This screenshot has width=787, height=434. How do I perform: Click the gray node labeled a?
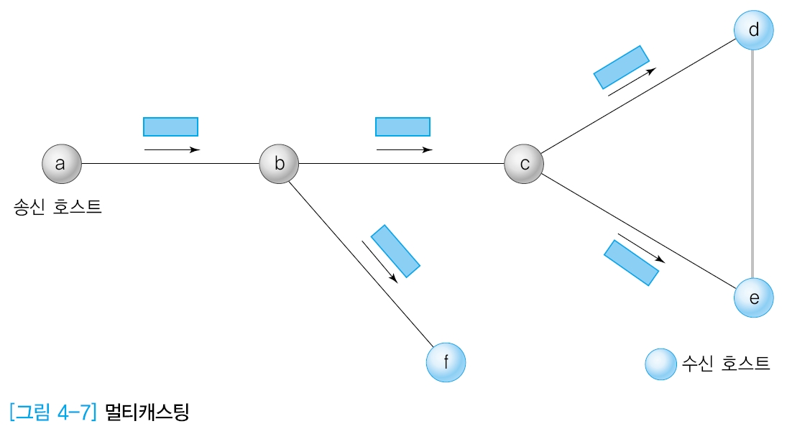coord(60,163)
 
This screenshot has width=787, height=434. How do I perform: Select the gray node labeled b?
coord(279,163)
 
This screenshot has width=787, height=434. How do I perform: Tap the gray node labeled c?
coord(524,163)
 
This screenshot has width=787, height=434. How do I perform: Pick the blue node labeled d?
coord(753,31)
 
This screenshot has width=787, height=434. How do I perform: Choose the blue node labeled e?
coord(753,297)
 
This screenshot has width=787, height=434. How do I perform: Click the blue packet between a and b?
coord(170,126)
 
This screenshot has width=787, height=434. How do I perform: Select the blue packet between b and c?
coord(402,126)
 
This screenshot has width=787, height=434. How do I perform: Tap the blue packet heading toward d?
coord(621,67)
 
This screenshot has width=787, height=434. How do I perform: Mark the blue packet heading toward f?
coord(395,251)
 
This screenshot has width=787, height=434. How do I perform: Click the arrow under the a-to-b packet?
coord(172,149)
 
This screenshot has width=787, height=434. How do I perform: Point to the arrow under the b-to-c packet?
coord(404,149)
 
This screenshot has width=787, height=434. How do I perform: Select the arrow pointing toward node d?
coord(632,82)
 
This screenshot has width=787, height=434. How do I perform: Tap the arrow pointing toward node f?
coord(379,261)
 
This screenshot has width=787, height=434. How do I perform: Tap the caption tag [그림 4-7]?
coord(53,414)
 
